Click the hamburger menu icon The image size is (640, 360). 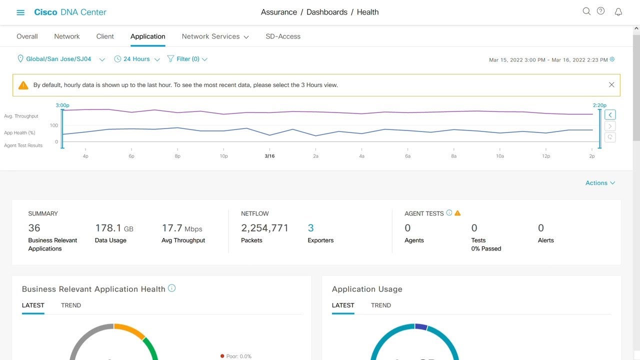20,12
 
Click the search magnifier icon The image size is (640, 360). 586,11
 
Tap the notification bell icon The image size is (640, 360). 618,12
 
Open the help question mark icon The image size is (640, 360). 601,11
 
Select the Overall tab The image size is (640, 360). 27,36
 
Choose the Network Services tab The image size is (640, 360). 215,36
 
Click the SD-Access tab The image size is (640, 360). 283,36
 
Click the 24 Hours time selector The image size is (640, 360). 136,59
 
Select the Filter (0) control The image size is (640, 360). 187,59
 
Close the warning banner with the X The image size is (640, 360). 611,85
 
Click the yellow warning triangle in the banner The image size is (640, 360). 23,85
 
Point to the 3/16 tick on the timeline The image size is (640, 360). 269,156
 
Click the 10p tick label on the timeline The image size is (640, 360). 223,156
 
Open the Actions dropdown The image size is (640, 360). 600,183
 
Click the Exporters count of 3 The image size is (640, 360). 310,228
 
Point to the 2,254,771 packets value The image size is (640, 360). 264,228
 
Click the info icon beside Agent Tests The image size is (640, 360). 449,213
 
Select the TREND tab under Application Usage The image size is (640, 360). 381,305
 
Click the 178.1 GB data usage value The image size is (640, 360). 114,228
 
